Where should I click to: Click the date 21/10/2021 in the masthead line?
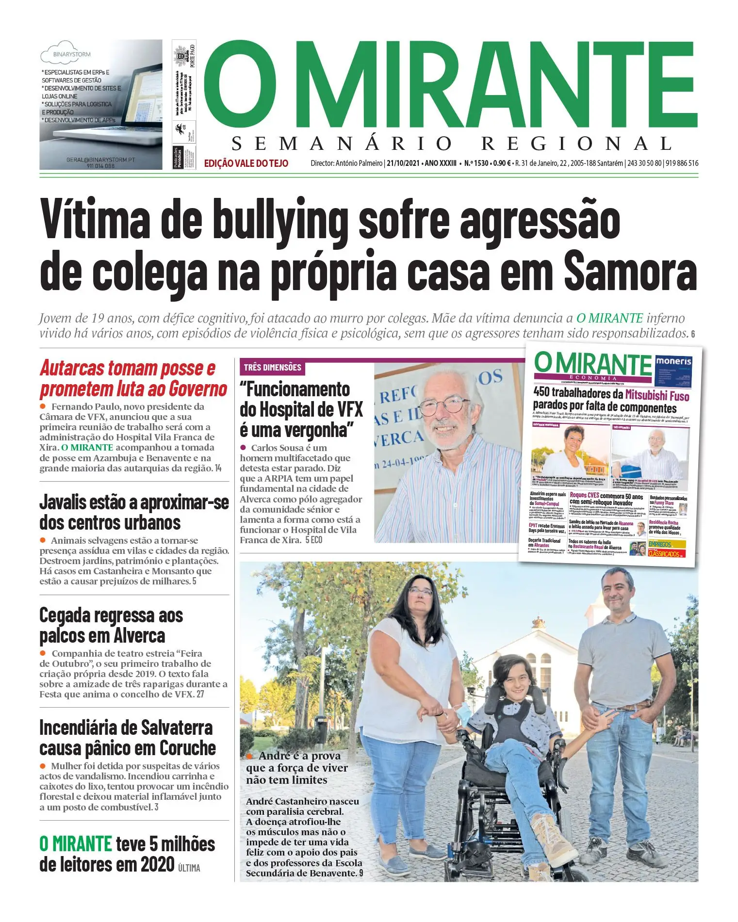pos(403,163)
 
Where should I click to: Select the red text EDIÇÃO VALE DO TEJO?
pos(246,163)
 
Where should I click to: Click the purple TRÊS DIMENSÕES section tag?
pos(272,367)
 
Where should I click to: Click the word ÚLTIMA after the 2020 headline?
pos(189,868)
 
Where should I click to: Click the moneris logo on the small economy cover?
pos(673,361)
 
